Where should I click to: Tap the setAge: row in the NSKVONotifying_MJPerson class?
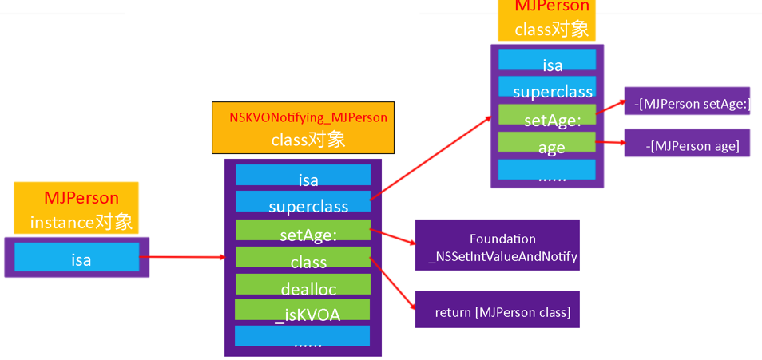coord(303,231)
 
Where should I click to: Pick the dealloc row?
coord(303,285)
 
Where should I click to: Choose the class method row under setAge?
coord(303,258)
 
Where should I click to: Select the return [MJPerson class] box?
coord(497,311)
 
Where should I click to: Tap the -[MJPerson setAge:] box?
coord(687,101)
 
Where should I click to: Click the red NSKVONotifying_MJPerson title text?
coord(308,117)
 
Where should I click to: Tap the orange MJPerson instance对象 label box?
coord(76,208)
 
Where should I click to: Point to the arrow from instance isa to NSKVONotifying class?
coord(184,258)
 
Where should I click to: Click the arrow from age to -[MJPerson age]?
coord(609,143)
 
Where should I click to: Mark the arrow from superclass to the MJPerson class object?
coord(431,156)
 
